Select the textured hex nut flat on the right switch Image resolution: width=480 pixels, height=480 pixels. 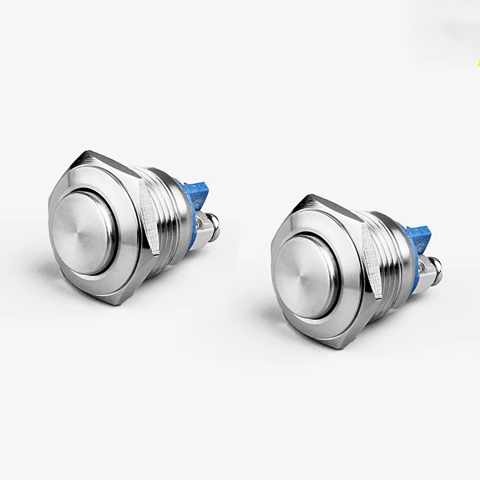click(371, 261)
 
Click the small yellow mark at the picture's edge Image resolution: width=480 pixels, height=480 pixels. click(478, 62)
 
